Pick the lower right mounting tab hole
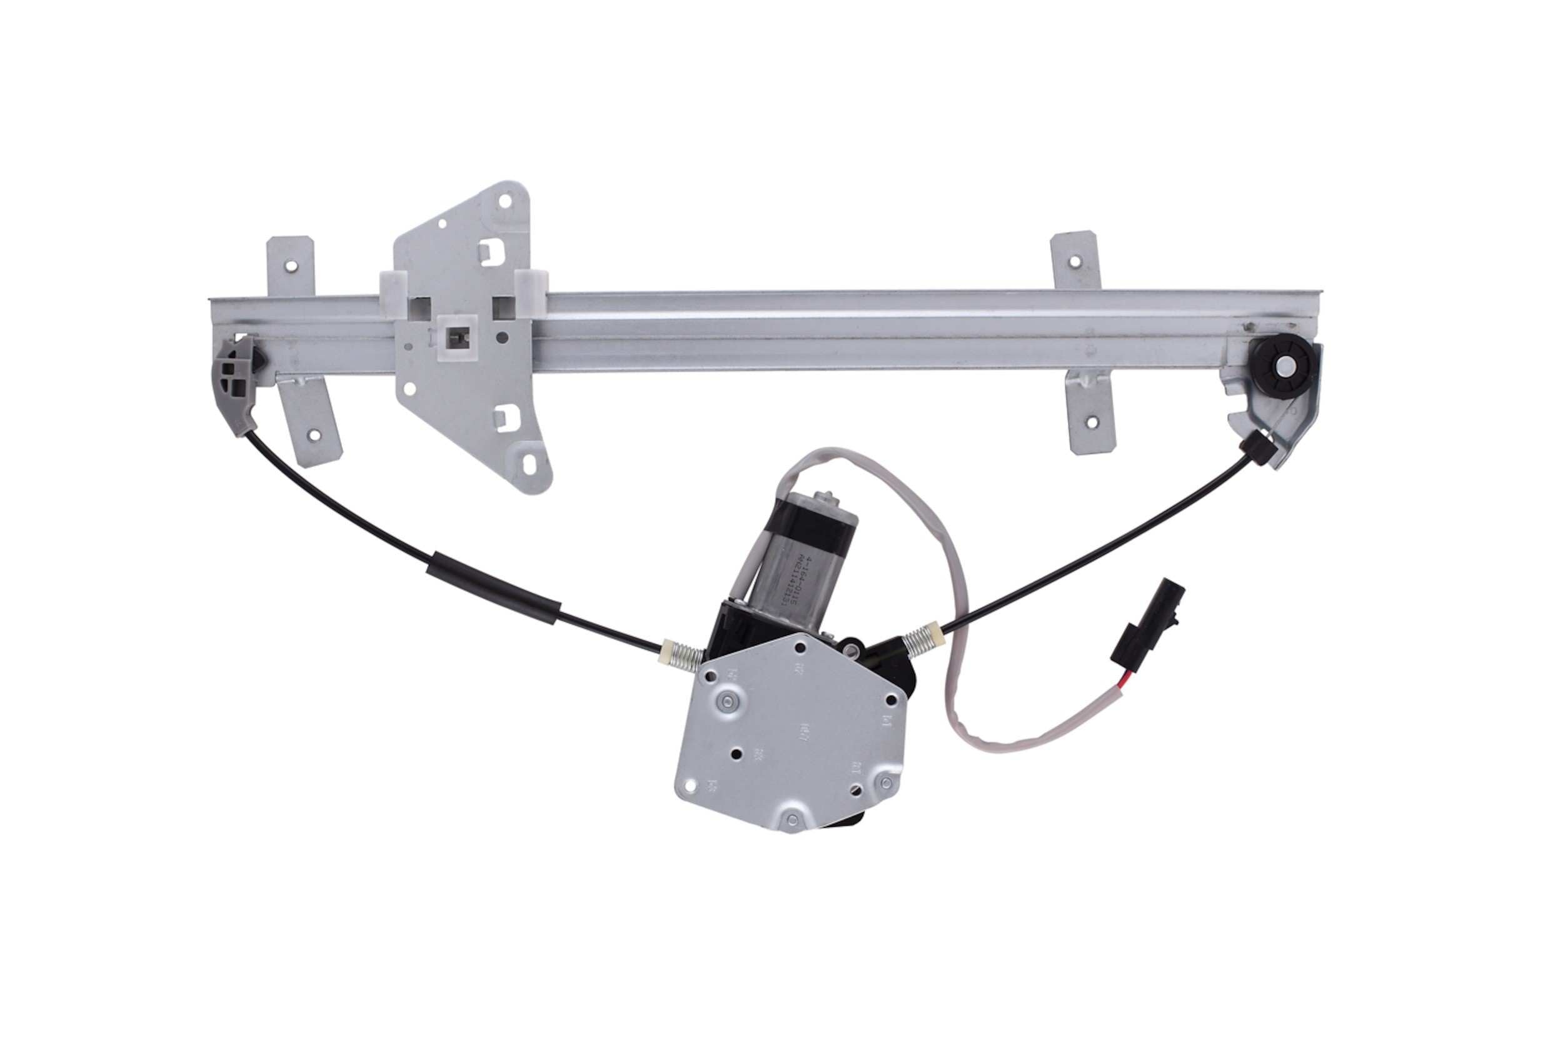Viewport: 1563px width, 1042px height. [1090, 439]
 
